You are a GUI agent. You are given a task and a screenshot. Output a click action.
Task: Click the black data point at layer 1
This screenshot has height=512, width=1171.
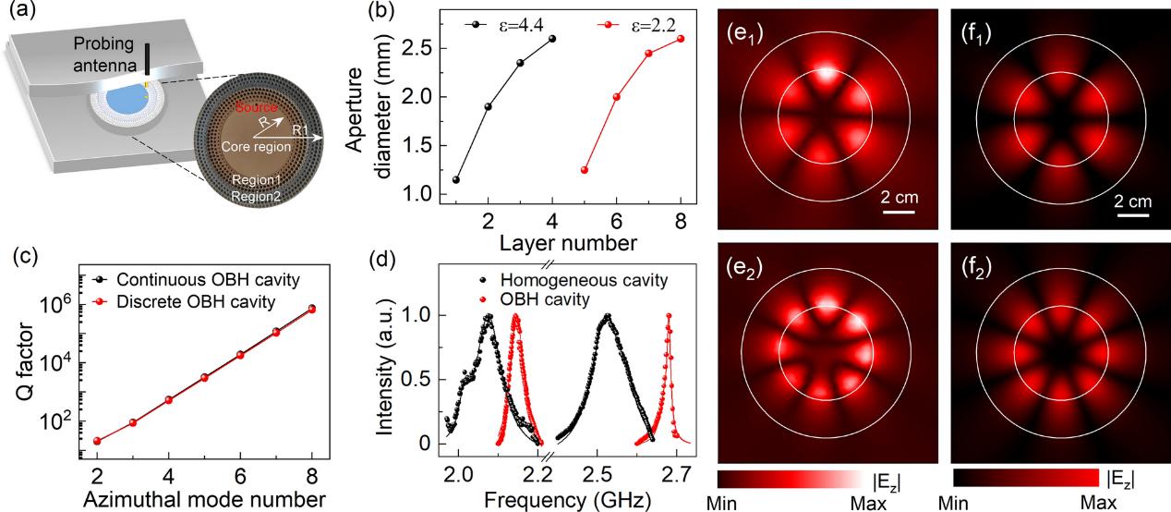tap(455, 179)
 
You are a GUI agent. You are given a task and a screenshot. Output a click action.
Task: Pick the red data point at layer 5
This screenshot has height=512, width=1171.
tap(585, 170)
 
